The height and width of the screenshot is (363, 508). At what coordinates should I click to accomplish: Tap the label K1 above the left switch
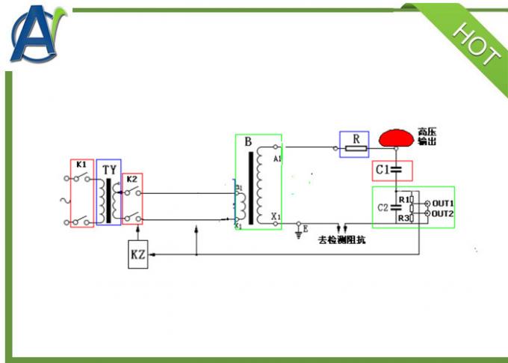click(x=81, y=165)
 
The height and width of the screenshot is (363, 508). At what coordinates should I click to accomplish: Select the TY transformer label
click(x=109, y=169)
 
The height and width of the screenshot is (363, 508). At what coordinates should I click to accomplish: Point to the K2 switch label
click(x=131, y=179)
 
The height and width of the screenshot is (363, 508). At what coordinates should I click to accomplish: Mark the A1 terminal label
click(x=276, y=159)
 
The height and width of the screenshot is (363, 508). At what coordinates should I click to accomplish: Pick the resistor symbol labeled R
click(x=356, y=149)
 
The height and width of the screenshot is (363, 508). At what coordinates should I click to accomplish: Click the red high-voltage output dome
click(x=396, y=138)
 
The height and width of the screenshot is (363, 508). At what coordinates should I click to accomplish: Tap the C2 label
click(x=383, y=207)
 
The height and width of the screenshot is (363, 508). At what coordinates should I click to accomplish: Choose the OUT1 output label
click(x=443, y=203)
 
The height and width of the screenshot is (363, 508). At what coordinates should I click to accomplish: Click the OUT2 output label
click(x=443, y=214)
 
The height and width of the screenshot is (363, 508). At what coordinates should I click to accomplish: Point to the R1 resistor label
click(x=403, y=200)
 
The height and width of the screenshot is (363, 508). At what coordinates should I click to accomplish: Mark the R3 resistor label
click(x=403, y=218)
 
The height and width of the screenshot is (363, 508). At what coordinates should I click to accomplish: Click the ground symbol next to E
click(x=298, y=233)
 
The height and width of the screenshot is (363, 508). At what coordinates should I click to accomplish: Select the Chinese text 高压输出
click(x=427, y=137)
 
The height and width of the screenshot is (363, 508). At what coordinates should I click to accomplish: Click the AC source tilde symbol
click(x=69, y=201)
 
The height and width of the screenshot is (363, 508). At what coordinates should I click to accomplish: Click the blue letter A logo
click(x=37, y=34)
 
